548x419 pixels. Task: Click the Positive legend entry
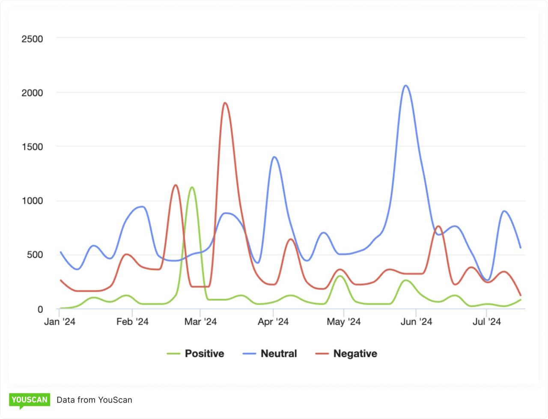pos(196,354)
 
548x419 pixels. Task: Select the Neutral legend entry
pos(270,354)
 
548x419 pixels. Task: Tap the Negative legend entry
pos(346,354)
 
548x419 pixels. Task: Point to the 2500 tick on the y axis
pos(32,39)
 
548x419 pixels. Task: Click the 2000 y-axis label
pos(32,93)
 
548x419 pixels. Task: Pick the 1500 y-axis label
pos(32,147)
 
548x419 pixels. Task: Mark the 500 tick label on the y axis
pos(35,255)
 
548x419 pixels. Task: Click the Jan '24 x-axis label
pos(60,322)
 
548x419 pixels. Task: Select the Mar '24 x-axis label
pos(200,322)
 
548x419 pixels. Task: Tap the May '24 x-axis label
pos(344,322)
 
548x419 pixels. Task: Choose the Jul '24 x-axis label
pos(486,322)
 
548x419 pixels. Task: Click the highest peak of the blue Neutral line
pos(406,86)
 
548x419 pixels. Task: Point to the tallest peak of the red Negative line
pos(225,103)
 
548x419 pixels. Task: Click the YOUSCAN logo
pos(30,400)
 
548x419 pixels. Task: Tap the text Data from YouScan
pos(94,400)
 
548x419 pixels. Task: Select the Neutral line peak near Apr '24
pos(274,157)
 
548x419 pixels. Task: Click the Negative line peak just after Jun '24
pos(438,226)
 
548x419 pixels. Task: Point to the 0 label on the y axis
pos(40,309)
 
